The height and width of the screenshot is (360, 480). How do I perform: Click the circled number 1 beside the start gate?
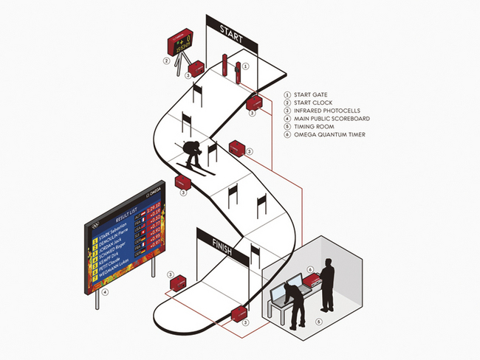(x=246, y=66)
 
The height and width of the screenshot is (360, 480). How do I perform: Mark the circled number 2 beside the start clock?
(x=168, y=62)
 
